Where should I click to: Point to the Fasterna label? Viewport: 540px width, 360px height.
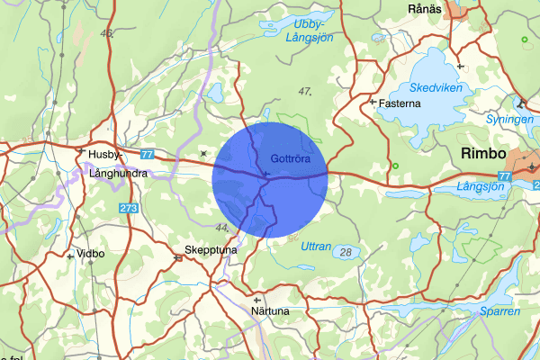[x=400, y=103]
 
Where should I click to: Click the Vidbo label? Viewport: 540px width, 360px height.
[x=91, y=254]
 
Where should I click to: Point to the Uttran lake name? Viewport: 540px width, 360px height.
[x=316, y=246]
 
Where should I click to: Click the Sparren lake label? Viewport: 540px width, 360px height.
[x=499, y=310]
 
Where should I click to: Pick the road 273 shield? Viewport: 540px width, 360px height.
[x=129, y=208]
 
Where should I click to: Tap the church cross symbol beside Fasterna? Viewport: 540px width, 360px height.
[x=373, y=102]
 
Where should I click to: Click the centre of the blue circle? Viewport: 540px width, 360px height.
[x=270, y=175]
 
